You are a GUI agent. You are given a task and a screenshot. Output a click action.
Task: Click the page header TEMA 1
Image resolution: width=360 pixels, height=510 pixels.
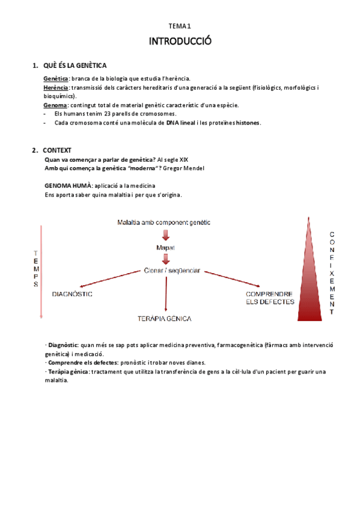179,26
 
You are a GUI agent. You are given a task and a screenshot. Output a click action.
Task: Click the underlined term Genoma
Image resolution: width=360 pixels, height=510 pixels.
56,105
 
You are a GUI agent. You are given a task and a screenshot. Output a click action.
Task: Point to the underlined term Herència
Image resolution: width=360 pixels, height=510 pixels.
57,87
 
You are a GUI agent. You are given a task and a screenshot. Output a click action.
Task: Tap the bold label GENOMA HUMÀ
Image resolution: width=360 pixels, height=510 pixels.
68,186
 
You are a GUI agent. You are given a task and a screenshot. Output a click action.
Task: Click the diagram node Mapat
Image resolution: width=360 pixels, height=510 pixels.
165,247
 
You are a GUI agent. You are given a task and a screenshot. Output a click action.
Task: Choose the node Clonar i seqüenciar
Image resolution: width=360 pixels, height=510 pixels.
172,271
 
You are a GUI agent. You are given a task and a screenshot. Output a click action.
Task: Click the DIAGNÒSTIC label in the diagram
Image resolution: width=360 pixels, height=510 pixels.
72,294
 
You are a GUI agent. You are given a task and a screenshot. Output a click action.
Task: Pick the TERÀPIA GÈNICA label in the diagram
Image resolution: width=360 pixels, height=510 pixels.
164,318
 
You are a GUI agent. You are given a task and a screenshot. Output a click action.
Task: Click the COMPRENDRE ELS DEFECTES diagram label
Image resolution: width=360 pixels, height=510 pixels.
270,298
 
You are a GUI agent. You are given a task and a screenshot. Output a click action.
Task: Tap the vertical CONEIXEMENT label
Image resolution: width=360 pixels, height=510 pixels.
332,272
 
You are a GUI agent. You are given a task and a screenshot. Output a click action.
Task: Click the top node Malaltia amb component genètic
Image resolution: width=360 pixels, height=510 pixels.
163,223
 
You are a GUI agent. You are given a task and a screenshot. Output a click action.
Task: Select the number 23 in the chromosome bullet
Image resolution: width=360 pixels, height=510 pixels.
100,114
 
